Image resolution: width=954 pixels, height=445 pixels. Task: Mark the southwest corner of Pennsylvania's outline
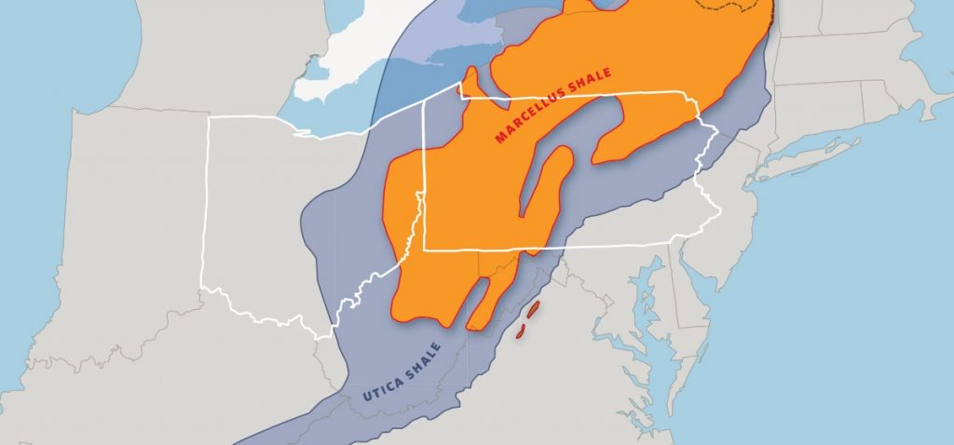(x=425, y=249)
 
